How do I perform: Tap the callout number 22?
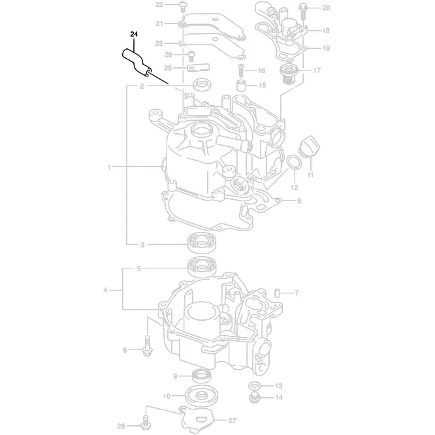pyautogui.click(x=159, y=5)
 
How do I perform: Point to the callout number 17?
pyautogui.click(x=317, y=71)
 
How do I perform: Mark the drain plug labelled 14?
pyautogui.click(x=255, y=396)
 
